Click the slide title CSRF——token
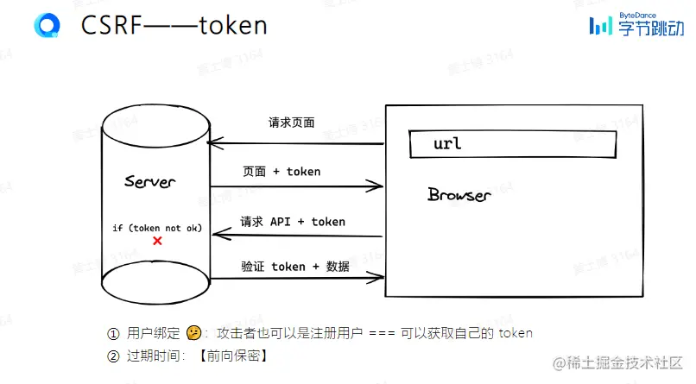tap(174, 25)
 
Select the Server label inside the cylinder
tap(149, 182)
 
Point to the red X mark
tap(157, 242)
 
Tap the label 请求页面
tap(291, 123)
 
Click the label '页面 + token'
tap(282, 172)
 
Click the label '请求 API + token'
tap(293, 222)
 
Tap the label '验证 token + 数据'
tap(295, 267)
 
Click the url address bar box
tap(512, 143)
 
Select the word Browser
tap(459, 194)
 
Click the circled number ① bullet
tap(112, 333)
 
